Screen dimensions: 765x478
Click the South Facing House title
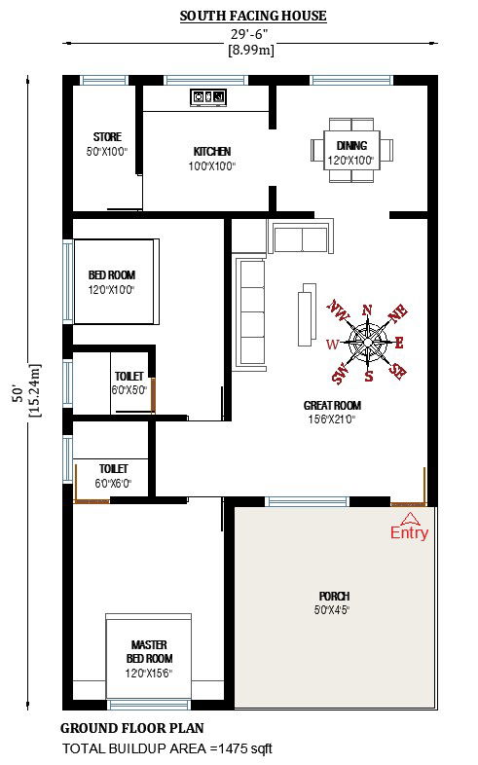pyautogui.click(x=252, y=16)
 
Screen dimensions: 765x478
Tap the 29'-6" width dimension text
pyautogui.click(x=251, y=34)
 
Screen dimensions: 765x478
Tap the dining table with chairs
pyautogui.click(x=350, y=149)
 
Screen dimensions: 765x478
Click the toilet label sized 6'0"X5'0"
pyautogui.click(x=129, y=382)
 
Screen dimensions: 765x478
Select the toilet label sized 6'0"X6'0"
pyautogui.click(x=113, y=475)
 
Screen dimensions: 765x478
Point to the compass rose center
pyautogui.click(x=368, y=342)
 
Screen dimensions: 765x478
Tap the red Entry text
pyautogui.click(x=409, y=533)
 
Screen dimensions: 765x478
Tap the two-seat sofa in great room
pyautogui.click(x=301, y=237)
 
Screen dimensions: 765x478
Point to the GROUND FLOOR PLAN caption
pyautogui.click(x=132, y=728)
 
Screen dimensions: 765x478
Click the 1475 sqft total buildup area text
pyautogui.click(x=167, y=748)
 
